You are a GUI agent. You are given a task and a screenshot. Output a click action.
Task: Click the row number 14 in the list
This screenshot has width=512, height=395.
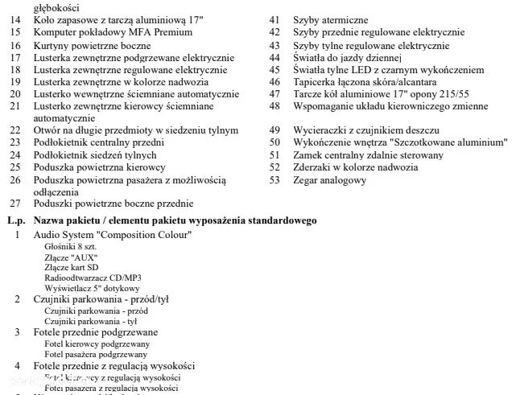coord(15,19)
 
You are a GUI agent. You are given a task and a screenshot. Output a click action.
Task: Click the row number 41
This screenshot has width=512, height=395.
coord(275,19)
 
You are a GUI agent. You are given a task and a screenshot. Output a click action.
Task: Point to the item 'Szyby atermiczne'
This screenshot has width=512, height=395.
coord(330,19)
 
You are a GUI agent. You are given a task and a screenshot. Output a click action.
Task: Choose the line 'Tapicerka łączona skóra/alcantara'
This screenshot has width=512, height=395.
coord(365,81)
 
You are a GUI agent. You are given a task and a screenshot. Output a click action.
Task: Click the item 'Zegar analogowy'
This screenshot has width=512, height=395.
coord(329,180)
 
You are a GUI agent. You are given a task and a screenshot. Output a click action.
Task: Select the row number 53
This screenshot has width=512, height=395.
coord(275,180)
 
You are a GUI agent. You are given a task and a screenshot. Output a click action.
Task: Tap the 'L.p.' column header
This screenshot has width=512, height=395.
coord(16,220)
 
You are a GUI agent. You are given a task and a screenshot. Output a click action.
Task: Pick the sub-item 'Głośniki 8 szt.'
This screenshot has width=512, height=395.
coord(70,246)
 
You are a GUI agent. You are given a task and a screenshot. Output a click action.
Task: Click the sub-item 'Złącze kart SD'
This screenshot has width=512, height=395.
coord(72,267)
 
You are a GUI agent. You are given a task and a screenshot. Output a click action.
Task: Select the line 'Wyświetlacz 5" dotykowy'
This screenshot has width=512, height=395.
coord(92,288)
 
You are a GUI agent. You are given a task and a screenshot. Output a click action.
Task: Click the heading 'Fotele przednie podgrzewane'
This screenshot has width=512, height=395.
coord(96,332)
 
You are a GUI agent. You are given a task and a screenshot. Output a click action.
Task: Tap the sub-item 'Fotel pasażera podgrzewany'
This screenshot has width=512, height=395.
coord(96,354)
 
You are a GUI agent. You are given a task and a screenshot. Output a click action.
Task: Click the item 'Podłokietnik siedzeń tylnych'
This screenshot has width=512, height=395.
coord(95,154)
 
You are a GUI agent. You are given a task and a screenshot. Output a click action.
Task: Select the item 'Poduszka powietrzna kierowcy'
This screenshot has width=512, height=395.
coord(99,167)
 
